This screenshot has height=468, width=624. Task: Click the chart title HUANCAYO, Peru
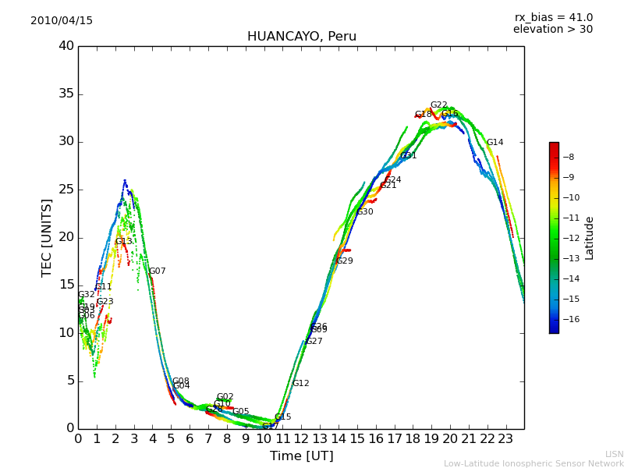(301, 37)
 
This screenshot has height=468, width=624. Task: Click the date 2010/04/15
(62, 21)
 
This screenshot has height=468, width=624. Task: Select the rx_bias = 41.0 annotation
(553, 18)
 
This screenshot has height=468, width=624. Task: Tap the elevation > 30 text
(552, 30)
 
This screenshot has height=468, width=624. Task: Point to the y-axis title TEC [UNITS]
(47, 237)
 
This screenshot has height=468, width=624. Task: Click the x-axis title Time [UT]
(301, 456)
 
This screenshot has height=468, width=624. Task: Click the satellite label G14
(495, 143)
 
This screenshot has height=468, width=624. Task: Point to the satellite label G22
(438, 105)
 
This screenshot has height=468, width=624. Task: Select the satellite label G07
(157, 271)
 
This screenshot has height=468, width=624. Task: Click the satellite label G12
(300, 384)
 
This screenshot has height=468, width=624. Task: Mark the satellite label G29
(344, 261)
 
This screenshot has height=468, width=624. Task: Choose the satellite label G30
(364, 212)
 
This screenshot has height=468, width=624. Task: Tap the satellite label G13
(123, 242)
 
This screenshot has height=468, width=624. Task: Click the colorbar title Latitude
(590, 238)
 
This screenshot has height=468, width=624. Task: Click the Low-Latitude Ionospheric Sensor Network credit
(534, 464)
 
